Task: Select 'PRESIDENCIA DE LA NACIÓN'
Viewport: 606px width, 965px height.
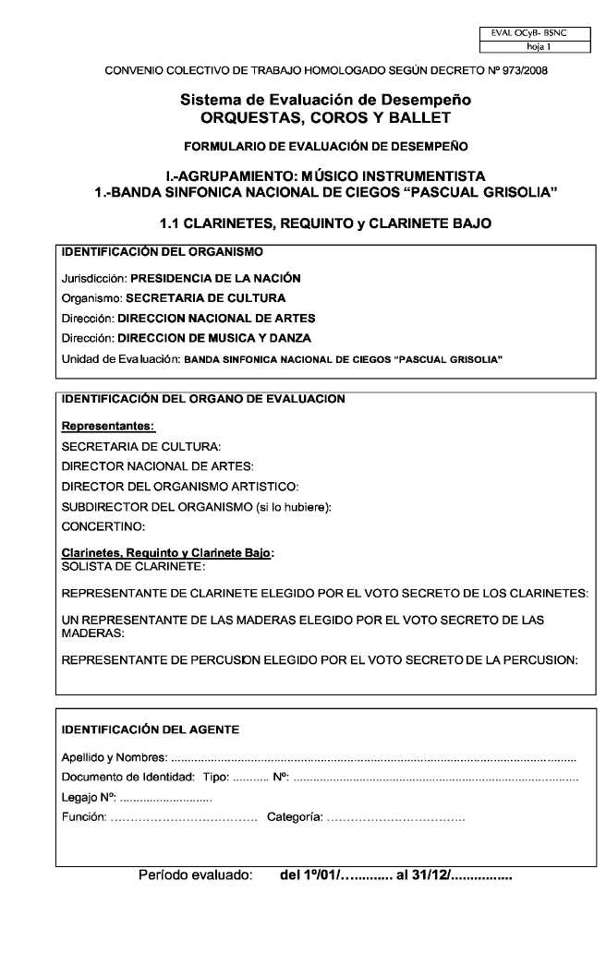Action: (215, 278)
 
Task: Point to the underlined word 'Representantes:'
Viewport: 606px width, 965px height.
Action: (108, 427)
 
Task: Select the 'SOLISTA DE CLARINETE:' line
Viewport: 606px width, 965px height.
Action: (133, 564)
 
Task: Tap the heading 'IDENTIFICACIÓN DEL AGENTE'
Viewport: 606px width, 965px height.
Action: (150, 730)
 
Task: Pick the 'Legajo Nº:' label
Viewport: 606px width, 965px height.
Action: (88, 797)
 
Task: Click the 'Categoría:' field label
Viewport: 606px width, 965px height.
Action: (294, 817)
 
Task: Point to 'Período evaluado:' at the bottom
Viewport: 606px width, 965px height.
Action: (195, 874)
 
